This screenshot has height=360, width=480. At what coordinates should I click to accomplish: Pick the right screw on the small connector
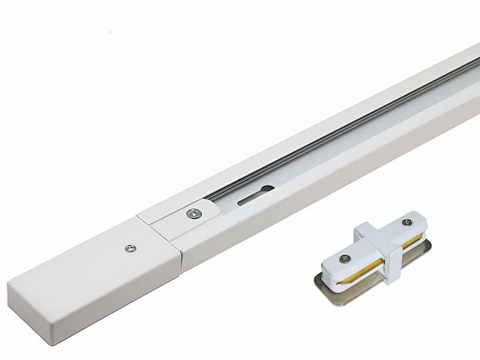[x=409, y=223]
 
